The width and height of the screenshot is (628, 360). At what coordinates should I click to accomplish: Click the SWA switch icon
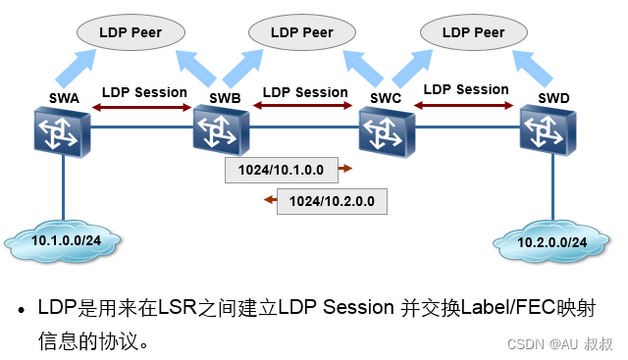pyautogui.click(x=61, y=132)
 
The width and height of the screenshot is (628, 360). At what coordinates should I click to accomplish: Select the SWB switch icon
pyautogui.click(x=221, y=131)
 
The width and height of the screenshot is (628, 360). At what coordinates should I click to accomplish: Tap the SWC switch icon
pyautogui.click(x=387, y=131)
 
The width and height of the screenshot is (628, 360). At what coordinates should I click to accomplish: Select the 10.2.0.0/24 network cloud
pyautogui.click(x=551, y=240)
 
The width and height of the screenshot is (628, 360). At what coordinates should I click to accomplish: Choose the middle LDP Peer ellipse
pyautogui.click(x=304, y=32)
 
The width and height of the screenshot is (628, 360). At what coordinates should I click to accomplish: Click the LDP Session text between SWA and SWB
pyautogui.click(x=144, y=92)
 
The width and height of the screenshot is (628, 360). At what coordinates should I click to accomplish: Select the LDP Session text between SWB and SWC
pyautogui.click(x=305, y=92)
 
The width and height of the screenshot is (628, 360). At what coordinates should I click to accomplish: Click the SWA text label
pyautogui.click(x=64, y=97)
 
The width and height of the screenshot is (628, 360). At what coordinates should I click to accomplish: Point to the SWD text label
pyautogui.click(x=553, y=98)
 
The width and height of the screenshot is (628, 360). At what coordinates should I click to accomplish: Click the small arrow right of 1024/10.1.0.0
pyautogui.click(x=344, y=169)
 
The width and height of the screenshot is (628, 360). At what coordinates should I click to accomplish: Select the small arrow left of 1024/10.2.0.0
pyautogui.click(x=268, y=202)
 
